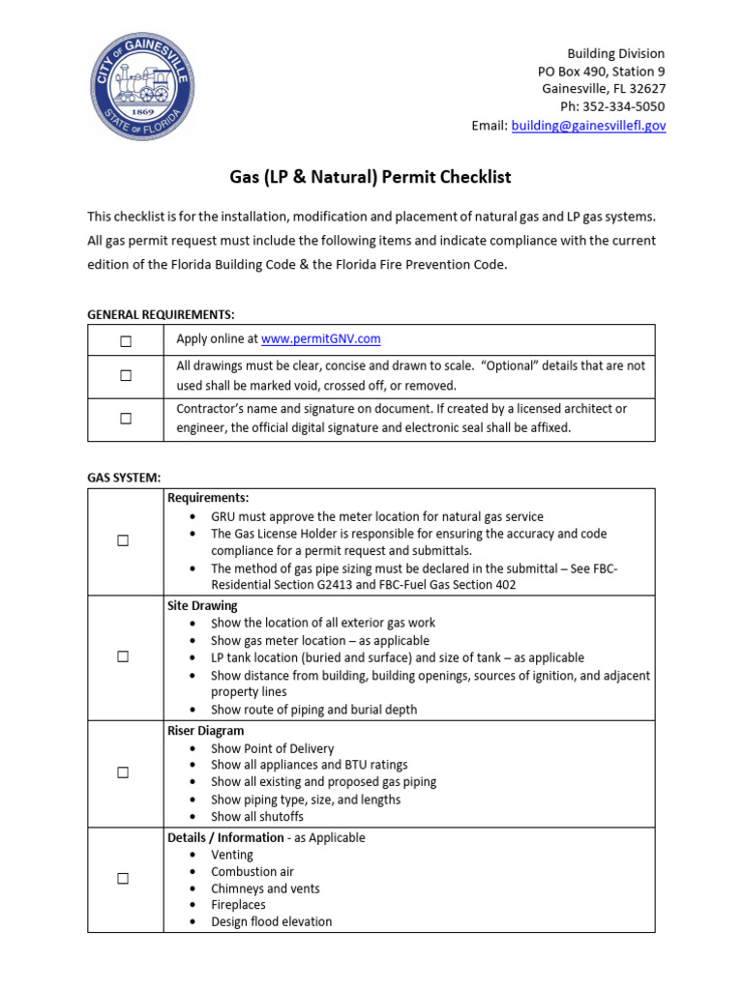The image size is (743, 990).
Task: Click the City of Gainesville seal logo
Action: point(140,85)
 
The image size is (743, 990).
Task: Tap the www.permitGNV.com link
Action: point(320,338)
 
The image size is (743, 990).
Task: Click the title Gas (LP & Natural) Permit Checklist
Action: point(370,177)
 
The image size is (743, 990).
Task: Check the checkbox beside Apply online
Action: point(126,340)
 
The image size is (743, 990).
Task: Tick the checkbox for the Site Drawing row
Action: point(124,657)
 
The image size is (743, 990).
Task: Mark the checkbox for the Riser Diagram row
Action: point(124,772)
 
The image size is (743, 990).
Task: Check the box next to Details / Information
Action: point(124,879)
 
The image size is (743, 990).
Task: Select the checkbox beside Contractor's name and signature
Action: point(126,419)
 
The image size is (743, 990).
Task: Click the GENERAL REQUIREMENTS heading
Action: point(161,314)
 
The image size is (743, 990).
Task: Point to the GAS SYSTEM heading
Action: point(124,478)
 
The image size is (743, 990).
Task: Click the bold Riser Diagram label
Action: point(205,731)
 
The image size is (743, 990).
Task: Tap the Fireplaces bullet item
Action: point(238,905)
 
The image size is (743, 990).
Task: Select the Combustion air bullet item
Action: point(253,871)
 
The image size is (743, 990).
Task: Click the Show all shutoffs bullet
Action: point(257,816)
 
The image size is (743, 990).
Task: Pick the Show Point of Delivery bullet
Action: point(273,748)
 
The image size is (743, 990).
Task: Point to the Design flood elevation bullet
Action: point(271,921)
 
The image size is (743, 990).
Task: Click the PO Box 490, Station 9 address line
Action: point(601,72)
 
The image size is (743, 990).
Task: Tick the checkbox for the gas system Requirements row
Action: point(124,541)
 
